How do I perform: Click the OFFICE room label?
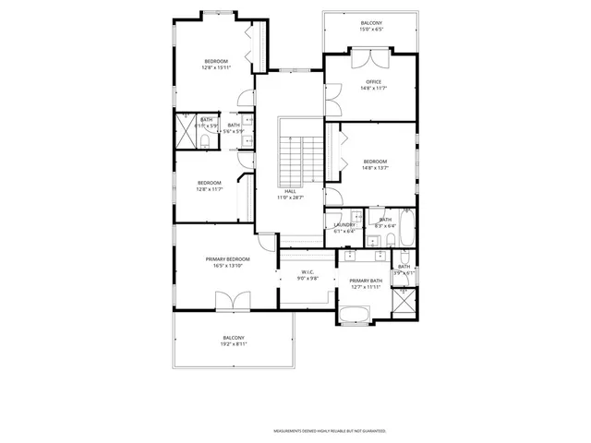tap(374, 81)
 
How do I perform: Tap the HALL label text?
tap(290, 191)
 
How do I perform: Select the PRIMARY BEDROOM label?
tap(227, 259)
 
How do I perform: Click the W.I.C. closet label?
tap(308, 272)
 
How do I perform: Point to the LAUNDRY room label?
tap(344, 225)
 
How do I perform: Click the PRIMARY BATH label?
tap(366, 281)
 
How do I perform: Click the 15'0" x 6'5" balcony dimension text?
tap(370, 30)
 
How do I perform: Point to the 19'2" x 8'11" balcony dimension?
tap(235, 343)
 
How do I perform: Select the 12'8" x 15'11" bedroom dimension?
tap(216, 67)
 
